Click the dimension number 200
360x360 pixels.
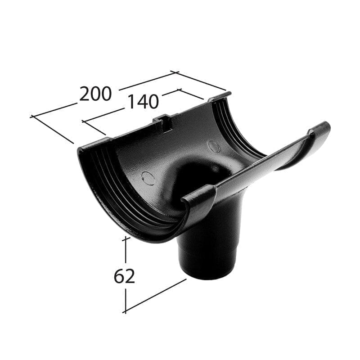point(95,94)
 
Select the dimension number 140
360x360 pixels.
point(142,102)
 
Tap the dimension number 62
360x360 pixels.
point(124,276)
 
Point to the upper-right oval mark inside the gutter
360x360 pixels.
point(215,146)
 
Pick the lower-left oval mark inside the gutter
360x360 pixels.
point(148,178)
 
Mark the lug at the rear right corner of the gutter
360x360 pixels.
point(220,97)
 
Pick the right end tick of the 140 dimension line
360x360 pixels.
point(179,90)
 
